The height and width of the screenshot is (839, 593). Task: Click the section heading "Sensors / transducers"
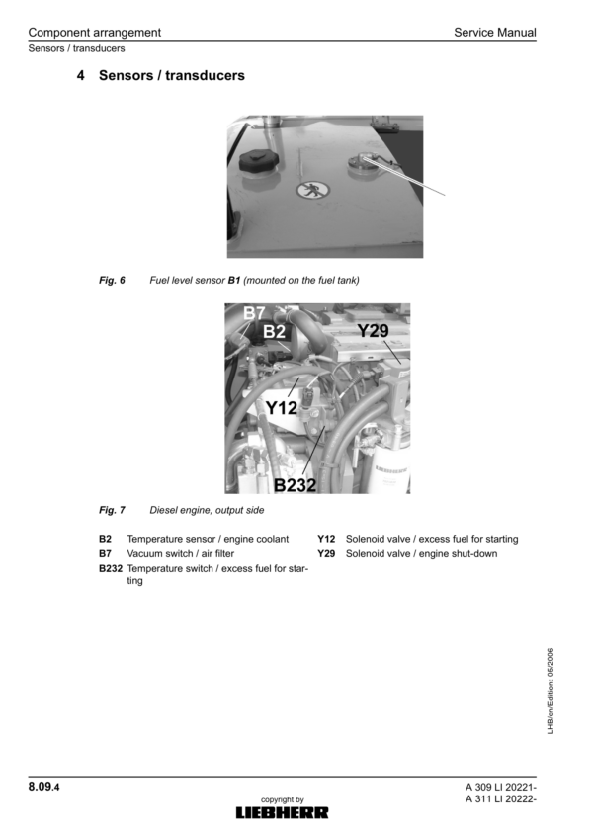point(171,75)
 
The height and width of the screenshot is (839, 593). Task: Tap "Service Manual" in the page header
point(494,33)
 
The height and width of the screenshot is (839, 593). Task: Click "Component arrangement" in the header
point(94,33)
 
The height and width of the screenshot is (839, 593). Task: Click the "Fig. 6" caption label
point(112,281)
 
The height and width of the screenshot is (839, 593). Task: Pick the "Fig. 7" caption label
point(112,511)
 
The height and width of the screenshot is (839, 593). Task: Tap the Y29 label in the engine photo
point(373,331)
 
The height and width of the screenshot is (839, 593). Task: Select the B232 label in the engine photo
point(295,484)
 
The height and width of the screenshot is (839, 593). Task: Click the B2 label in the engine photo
point(275,332)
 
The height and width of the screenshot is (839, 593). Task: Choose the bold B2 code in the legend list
point(105,540)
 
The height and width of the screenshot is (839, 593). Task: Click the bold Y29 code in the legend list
point(327,554)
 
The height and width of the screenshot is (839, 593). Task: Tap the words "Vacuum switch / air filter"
point(181,554)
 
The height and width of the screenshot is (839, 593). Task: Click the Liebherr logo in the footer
point(282,812)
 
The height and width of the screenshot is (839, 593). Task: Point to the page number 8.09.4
point(46,787)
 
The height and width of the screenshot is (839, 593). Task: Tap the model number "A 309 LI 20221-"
point(500,787)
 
